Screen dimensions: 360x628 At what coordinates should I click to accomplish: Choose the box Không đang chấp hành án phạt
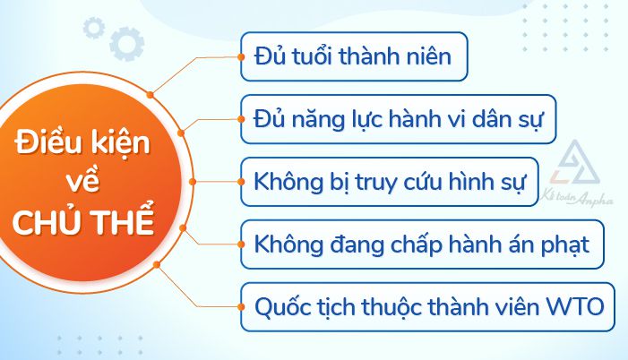[422, 243]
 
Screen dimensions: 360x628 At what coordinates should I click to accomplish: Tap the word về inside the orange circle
[84, 183]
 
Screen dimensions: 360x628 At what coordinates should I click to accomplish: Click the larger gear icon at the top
[125, 41]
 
